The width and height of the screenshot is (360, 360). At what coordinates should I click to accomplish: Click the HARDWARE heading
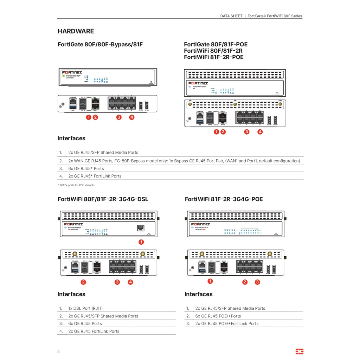tap(76, 31)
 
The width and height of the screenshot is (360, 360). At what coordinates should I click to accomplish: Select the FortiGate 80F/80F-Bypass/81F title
tap(100, 45)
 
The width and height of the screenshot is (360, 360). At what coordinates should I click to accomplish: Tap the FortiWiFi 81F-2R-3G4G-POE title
tap(224, 199)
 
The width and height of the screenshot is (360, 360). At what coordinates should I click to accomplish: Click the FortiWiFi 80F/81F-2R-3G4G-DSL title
tap(103, 199)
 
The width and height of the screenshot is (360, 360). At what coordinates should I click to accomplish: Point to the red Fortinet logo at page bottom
tap(300, 352)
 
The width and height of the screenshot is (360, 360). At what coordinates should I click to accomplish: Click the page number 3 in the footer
tap(58, 352)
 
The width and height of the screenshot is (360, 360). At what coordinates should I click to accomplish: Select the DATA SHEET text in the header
tap(231, 16)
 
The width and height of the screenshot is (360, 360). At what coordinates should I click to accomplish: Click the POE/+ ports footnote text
tap(76, 185)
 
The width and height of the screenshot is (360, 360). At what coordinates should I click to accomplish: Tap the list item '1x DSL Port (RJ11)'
tap(85, 308)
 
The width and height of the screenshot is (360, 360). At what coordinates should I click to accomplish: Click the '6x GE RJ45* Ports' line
tap(86, 168)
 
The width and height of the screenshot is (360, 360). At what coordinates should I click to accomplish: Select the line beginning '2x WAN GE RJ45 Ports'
tap(184, 161)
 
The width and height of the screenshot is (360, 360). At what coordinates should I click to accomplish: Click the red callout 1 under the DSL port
tap(141, 242)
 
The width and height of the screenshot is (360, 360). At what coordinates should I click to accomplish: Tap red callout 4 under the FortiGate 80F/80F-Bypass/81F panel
tap(131, 117)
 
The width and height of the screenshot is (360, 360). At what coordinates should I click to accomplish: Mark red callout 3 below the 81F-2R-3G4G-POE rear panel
tap(257, 282)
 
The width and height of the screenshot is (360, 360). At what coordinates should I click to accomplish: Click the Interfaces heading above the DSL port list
tap(71, 294)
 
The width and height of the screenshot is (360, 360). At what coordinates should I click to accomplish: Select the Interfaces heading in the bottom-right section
tap(198, 294)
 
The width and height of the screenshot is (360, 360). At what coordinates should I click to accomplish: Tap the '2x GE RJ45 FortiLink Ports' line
tap(94, 331)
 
